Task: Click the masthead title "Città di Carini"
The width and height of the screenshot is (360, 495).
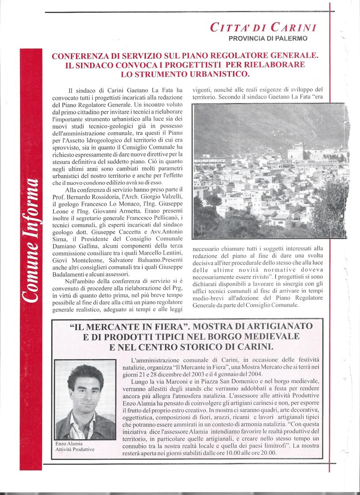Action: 264,27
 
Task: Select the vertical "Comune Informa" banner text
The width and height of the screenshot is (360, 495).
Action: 31,241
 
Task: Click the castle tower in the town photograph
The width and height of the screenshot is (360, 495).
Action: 295,152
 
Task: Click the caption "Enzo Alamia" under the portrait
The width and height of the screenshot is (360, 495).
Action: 69,444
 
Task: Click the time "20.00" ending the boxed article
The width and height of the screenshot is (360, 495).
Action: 268,453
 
